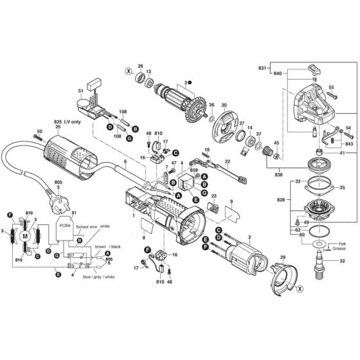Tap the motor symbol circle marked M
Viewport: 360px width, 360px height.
click(26, 236)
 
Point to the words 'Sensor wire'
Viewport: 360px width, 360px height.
click(89, 228)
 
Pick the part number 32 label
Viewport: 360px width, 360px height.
click(342, 262)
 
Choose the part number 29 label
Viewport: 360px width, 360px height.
click(280, 258)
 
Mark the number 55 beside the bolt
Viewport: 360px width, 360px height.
click(332, 87)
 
